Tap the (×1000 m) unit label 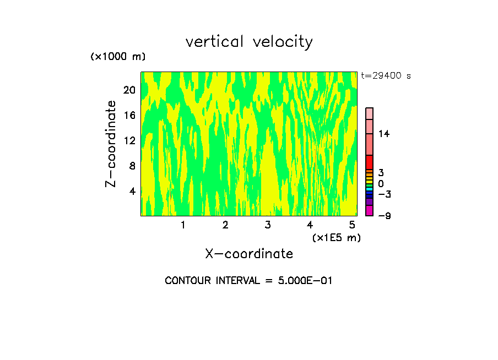117,57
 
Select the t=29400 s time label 386,76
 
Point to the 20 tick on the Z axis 129,90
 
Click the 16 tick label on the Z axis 129,116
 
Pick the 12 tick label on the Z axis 129,140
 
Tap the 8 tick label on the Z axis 132,166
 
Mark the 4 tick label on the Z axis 132,191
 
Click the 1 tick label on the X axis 183,225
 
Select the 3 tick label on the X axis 268,225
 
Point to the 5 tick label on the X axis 352,225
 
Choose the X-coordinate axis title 249,254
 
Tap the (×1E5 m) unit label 336,238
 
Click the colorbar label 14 384,134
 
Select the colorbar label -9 385,216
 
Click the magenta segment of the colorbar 369,210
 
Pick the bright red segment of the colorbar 369,162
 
